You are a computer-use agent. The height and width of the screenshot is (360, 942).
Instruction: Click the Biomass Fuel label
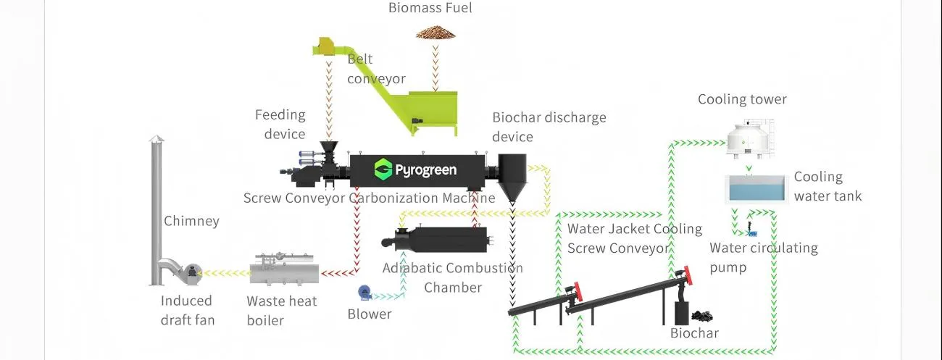tap(430, 9)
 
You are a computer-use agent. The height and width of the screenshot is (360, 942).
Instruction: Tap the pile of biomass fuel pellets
tap(435, 33)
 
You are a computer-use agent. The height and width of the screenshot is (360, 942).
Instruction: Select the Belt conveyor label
tap(376, 69)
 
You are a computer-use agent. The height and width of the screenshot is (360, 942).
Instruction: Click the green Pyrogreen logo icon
tap(383, 169)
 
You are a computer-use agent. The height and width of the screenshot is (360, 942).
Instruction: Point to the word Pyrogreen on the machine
tap(425, 170)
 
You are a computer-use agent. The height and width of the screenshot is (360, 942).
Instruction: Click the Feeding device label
tap(280, 124)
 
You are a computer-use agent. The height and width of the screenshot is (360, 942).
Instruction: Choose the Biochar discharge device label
tap(549, 127)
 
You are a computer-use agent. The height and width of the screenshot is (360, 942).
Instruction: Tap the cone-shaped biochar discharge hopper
tap(513, 177)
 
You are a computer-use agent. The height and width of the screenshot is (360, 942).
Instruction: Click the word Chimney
tap(191, 221)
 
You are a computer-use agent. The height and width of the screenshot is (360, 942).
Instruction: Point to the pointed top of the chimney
tap(157, 138)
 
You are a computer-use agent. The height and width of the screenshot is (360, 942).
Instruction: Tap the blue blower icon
tap(364, 292)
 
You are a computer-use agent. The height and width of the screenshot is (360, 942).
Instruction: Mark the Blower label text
tap(370, 314)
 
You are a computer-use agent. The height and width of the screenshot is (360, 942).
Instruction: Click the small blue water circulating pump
tap(752, 233)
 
